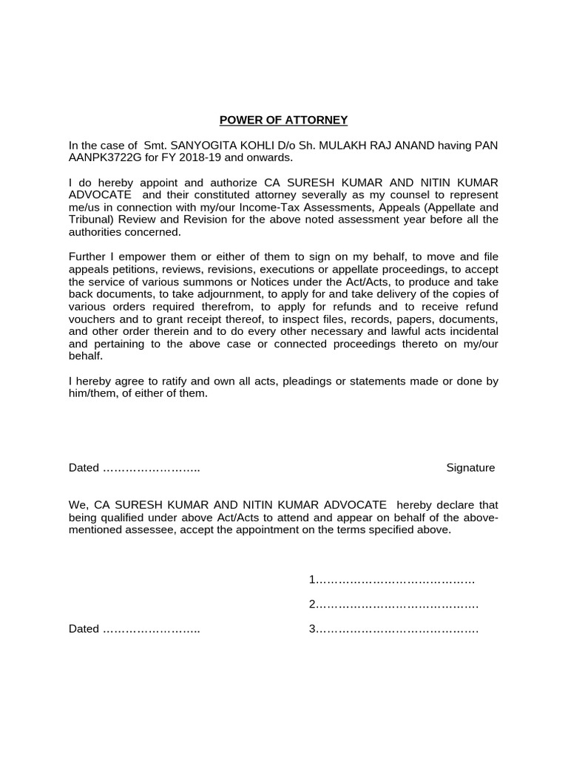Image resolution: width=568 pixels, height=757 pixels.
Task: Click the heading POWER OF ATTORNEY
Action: click(283, 120)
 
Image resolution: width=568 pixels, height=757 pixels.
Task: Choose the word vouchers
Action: click(92, 319)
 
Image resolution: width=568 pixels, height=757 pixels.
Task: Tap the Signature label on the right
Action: click(470, 468)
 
